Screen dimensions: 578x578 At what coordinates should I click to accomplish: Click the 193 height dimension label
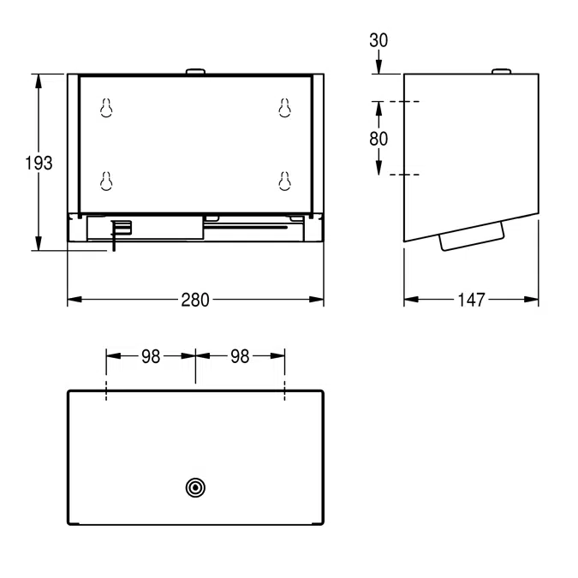[x=39, y=163]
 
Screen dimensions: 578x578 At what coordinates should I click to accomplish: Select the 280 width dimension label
[x=195, y=300]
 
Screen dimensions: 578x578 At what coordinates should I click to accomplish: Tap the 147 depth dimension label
[x=471, y=300]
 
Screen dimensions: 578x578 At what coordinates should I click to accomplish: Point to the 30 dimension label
[x=378, y=40]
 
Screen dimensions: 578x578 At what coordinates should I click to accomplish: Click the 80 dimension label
[x=378, y=139]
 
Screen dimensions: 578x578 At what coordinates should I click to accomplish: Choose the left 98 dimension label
[x=151, y=356]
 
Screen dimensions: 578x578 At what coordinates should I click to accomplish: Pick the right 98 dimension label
[x=240, y=356]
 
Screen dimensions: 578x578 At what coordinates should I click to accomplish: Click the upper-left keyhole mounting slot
[x=106, y=108]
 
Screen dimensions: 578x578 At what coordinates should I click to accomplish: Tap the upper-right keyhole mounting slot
[x=284, y=108]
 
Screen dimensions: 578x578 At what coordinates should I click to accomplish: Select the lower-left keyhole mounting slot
[x=106, y=181]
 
